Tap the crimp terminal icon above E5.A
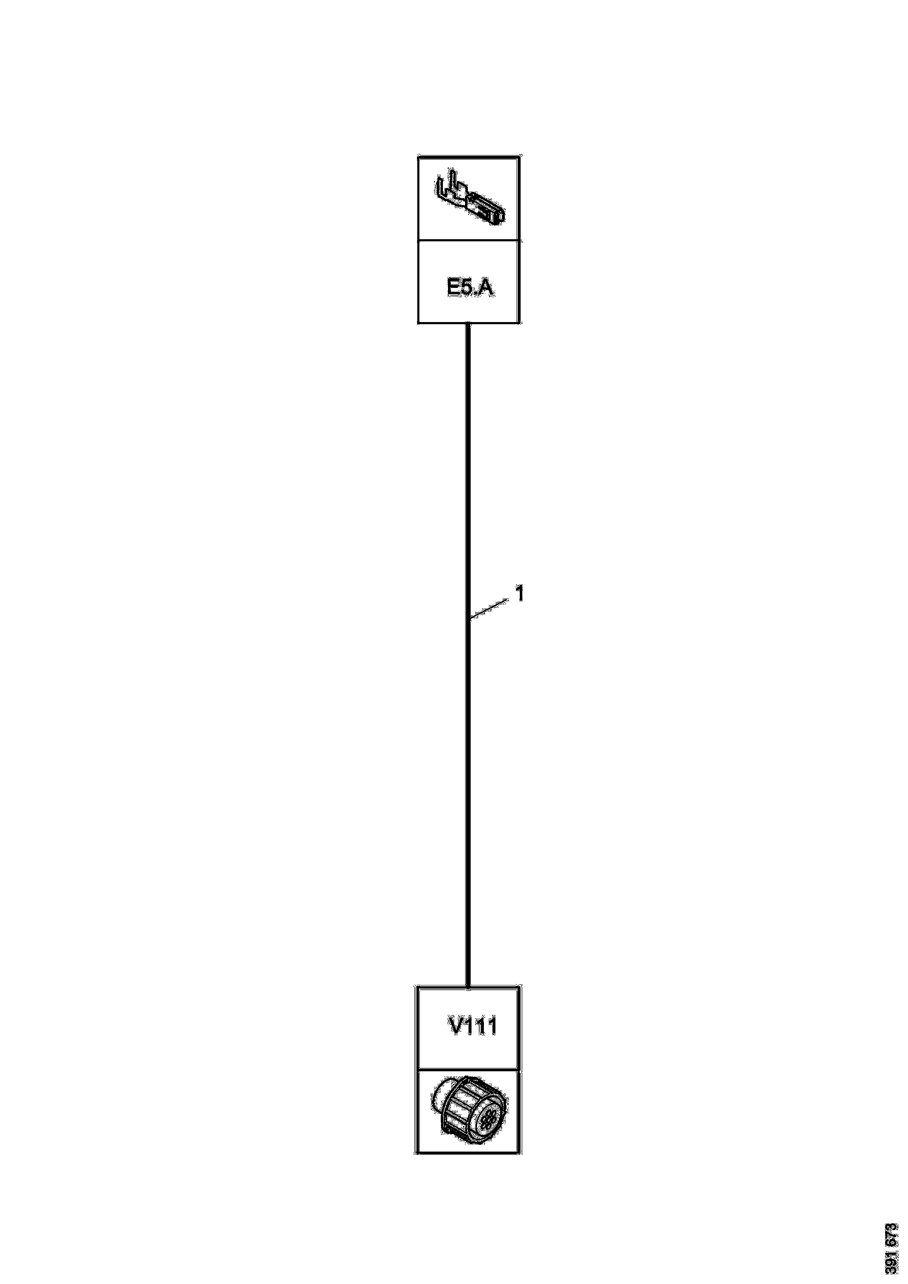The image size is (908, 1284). (x=470, y=200)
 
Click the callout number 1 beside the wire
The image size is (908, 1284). (x=519, y=594)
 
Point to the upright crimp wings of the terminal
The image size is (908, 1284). (x=450, y=188)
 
